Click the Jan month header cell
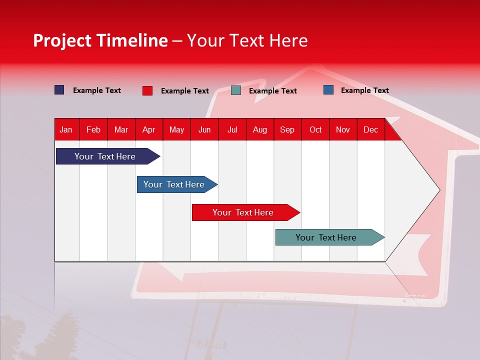[x=66, y=129]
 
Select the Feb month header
[x=93, y=129]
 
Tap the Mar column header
[x=121, y=129]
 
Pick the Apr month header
[x=149, y=129]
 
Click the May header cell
[x=176, y=129]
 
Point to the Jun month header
[x=204, y=129]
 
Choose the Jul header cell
[x=232, y=129]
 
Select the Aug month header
[x=260, y=129]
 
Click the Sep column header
[x=287, y=129]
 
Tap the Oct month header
[x=315, y=129]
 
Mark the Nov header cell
[x=343, y=129]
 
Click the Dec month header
[x=371, y=129]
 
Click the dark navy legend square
[x=59, y=90]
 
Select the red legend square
[x=147, y=90]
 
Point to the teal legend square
[x=236, y=90]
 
